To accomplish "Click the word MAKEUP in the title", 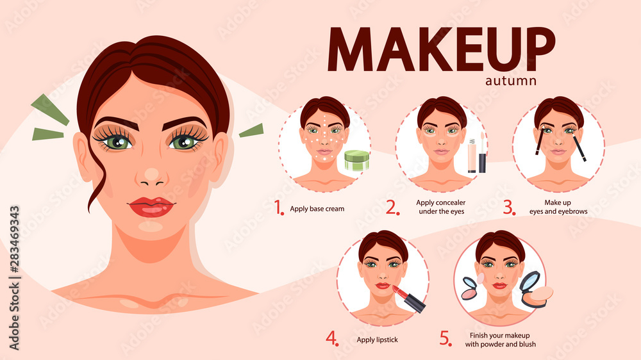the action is tap(442, 49).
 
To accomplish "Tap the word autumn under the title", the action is tap(511, 81).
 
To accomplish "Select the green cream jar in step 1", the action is tap(357, 160).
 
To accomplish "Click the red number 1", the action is tap(279, 208).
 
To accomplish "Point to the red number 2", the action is tap(392, 208).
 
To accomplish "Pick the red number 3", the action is tap(510, 208).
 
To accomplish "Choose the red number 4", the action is tap(332, 338).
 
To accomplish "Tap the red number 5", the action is tap(446, 338).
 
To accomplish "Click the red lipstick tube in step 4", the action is tap(409, 299).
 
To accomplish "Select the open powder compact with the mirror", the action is tap(535, 290).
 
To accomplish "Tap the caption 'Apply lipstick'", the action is tap(377, 340).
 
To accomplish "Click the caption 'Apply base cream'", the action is tap(317, 209).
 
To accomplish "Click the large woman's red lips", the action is tap(151, 206).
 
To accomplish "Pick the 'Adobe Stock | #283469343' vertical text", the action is tap(14, 278).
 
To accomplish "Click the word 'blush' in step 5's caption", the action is tap(526, 344).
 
